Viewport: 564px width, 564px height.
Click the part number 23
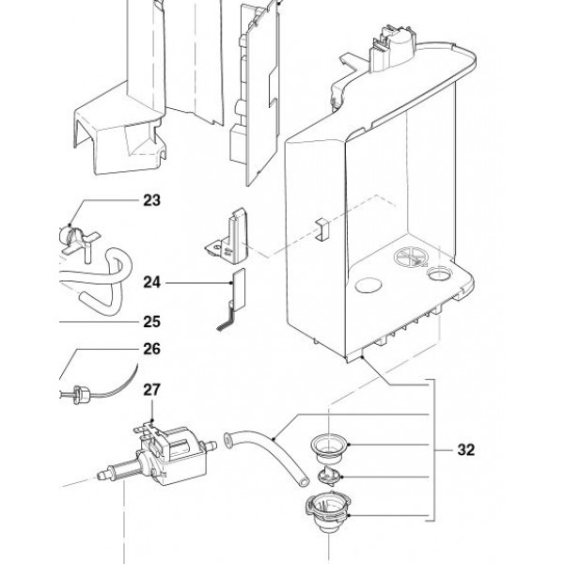(x=151, y=200)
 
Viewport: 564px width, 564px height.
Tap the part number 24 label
(x=151, y=282)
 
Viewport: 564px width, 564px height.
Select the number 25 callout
(x=151, y=321)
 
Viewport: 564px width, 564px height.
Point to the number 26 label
(x=151, y=349)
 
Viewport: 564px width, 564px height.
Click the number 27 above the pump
(x=151, y=389)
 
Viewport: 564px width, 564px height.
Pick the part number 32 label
(x=466, y=450)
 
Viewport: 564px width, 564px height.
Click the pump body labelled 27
(x=173, y=453)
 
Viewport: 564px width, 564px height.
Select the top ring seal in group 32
(x=330, y=448)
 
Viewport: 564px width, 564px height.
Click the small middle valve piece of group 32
(x=328, y=476)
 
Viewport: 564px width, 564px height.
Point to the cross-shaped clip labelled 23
(x=79, y=241)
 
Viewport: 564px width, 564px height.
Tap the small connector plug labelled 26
(x=82, y=395)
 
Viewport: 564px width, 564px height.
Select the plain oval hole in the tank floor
(x=368, y=286)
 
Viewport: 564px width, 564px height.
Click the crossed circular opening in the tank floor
(x=411, y=258)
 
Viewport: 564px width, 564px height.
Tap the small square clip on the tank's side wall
(x=322, y=229)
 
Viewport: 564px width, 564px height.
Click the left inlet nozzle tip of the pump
(x=102, y=476)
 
